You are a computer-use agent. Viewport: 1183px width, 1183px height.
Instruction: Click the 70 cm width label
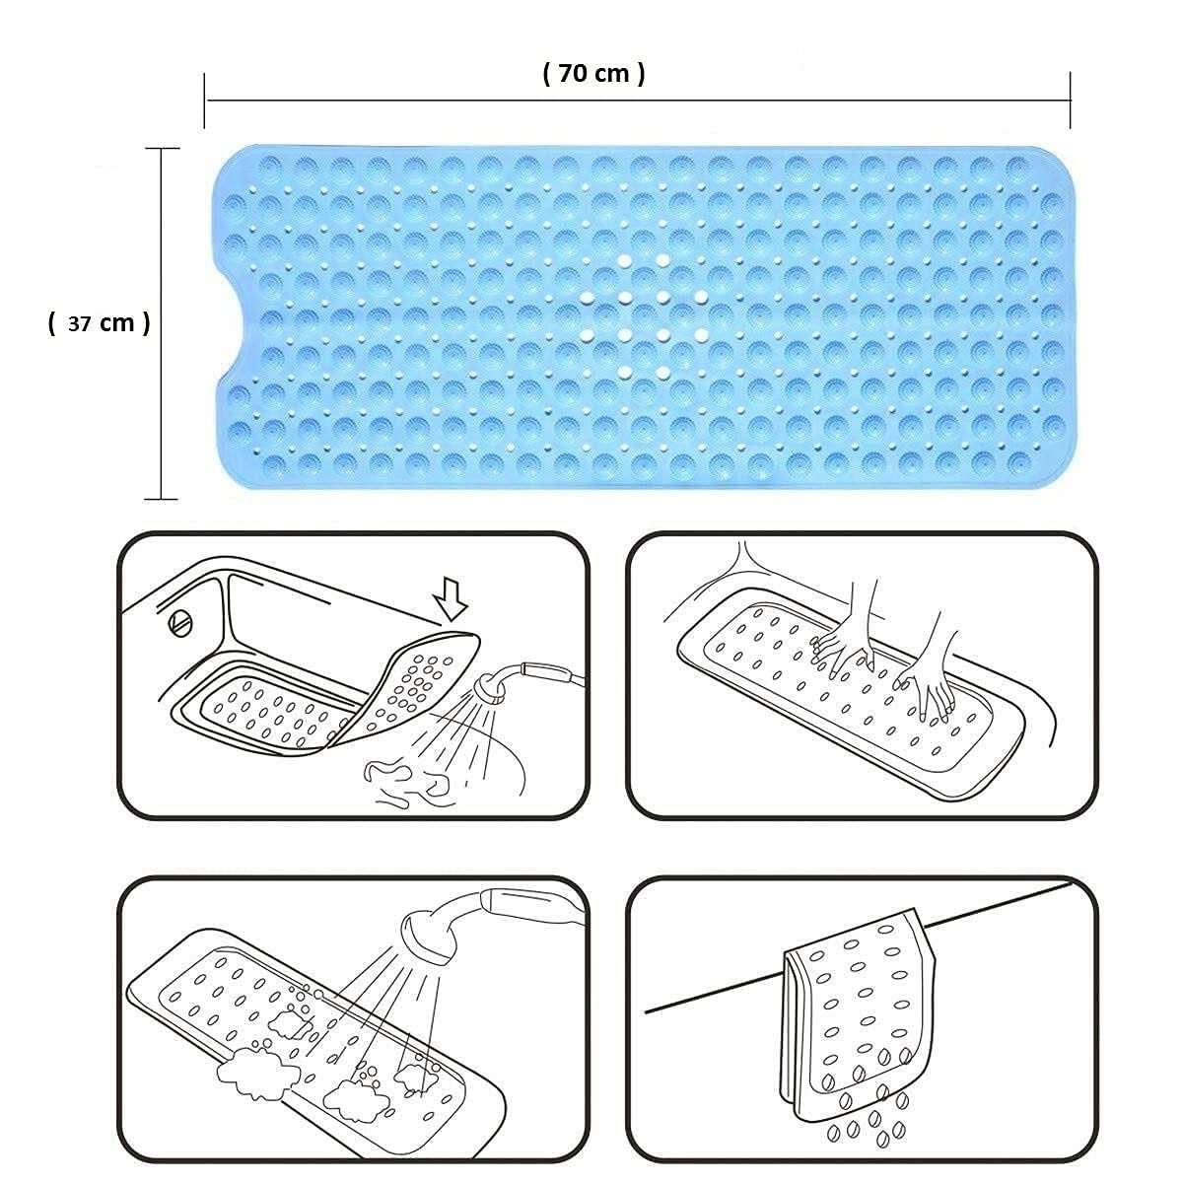pyautogui.click(x=593, y=73)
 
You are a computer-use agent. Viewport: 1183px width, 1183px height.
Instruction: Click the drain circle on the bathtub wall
pyautogui.click(x=180, y=624)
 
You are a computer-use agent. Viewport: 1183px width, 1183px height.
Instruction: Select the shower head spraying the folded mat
pyautogui.click(x=491, y=689)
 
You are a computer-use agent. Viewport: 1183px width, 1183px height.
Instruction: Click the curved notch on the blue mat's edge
pyautogui.click(x=229, y=321)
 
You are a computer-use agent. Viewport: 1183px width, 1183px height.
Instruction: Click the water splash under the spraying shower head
pyautogui.click(x=404, y=774)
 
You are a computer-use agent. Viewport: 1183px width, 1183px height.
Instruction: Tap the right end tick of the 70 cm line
pyautogui.click(x=1071, y=100)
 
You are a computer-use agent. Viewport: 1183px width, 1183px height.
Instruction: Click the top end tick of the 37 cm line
pyautogui.click(x=162, y=149)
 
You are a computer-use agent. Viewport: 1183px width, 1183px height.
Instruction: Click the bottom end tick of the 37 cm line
pyautogui.click(x=162, y=499)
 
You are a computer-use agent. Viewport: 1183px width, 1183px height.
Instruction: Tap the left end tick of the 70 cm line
pyautogui.click(x=205, y=100)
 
